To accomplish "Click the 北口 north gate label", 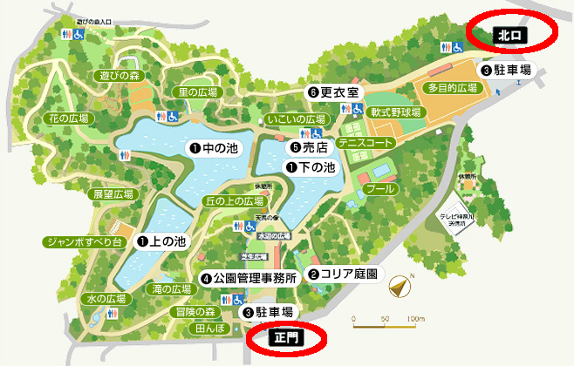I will tap(510, 36).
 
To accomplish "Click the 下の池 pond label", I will tap(311, 166).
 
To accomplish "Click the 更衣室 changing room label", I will tap(332, 91).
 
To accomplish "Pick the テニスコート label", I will tap(366, 141).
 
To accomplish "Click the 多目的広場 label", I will tap(453, 89).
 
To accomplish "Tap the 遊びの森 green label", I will tap(120, 76).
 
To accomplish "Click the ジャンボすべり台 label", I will tap(85, 241).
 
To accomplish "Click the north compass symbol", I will tap(400, 286).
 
